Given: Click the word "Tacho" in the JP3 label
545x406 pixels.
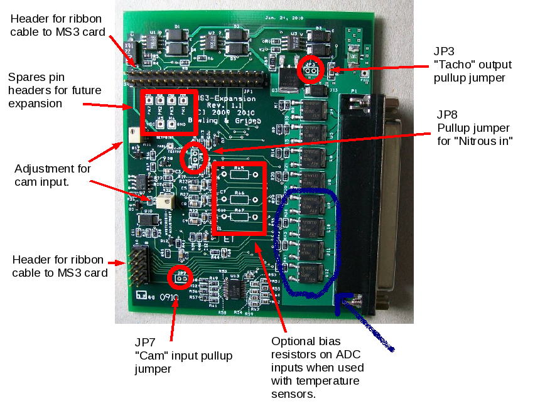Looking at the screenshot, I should pyautogui.click(x=451, y=65).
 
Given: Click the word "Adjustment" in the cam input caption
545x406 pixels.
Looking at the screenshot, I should pyautogui.click(x=40, y=169).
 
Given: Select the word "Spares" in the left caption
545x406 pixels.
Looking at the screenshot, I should pyautogui.click(x=25, y=78).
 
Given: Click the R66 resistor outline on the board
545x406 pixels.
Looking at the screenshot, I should pyautogui.click(x=240, y=196).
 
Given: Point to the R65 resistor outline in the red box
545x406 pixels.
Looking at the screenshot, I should pyautogui.click(x=240, y=175).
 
